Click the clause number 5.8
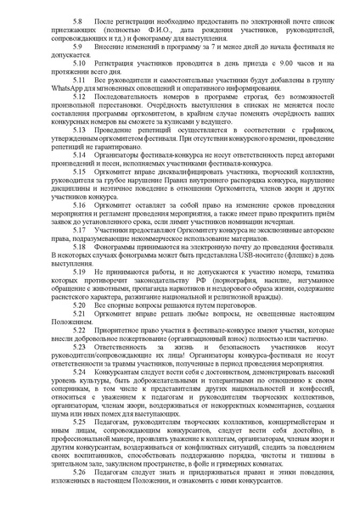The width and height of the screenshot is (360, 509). pos(78,17)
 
